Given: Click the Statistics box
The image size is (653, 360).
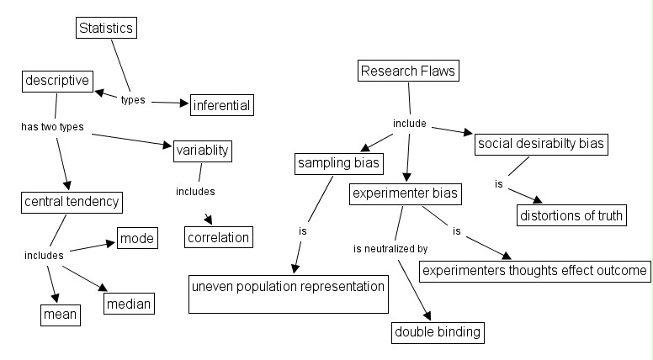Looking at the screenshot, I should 106,29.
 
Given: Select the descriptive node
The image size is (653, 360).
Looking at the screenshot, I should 56,82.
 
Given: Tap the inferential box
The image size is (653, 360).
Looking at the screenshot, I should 222,106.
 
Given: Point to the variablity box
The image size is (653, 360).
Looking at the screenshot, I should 202,151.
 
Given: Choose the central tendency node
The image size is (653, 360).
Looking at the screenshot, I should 72,203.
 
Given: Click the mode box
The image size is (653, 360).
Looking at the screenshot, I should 136,239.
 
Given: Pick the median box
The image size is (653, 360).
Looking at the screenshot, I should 129,303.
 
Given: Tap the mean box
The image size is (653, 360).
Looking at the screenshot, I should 61,315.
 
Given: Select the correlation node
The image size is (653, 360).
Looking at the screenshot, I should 219,237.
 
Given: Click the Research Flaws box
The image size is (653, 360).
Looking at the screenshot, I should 407,71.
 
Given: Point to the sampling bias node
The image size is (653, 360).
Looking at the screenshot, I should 338,163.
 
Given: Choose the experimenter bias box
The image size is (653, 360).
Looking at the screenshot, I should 406,195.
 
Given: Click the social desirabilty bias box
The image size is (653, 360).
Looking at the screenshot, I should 540,144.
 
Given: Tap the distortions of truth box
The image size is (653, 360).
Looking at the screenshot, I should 571,215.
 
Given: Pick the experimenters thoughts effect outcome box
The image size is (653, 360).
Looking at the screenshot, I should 534,271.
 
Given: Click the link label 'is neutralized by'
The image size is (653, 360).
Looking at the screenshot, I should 390,249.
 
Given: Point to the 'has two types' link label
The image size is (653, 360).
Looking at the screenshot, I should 52,127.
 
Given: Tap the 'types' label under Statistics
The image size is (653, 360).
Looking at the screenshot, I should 133,99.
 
